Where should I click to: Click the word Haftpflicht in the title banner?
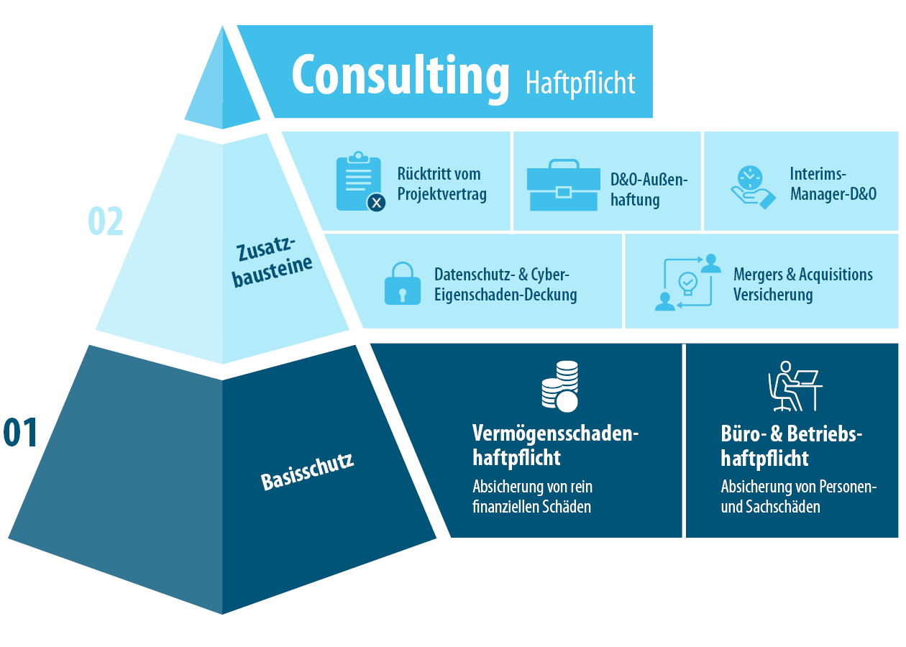580,82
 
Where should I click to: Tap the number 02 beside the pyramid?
106,221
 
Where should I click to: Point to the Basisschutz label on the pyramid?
307,472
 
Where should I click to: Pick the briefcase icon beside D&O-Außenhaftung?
563,185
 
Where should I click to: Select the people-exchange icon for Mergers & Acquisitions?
687,282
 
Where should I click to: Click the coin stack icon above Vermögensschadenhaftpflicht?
560,386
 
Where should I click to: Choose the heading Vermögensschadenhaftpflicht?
555,445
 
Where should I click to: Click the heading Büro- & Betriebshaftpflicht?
791,446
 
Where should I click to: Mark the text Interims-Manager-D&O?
833,184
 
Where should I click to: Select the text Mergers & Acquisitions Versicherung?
802,285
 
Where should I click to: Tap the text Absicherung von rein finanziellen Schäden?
533,496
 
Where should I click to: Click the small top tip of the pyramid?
222,86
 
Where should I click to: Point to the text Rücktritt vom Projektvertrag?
441,184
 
